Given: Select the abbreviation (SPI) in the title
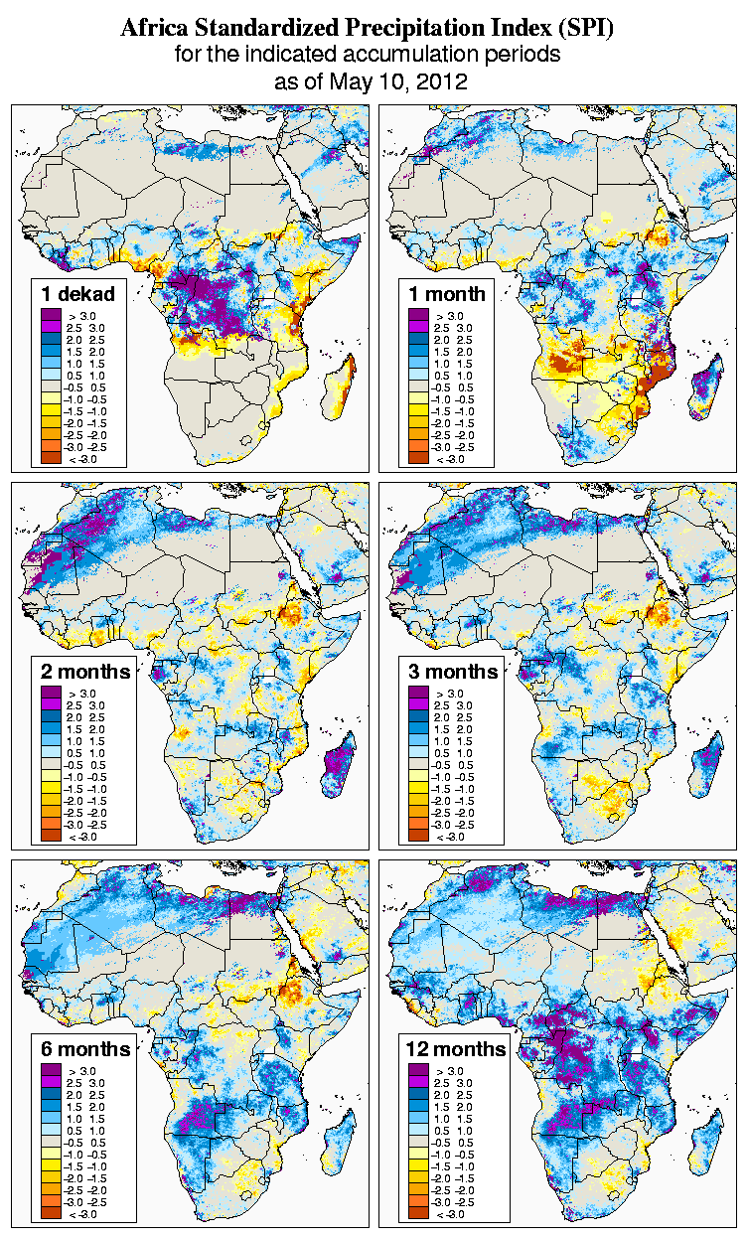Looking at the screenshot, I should [x=586, y=29].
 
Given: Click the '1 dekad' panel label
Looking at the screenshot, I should [x=78, y=294].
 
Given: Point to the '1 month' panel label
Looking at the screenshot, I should [x=447, y=294].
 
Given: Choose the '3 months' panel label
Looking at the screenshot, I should [x=454, y=672].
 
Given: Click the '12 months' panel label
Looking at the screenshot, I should [x=456, y=1049].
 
